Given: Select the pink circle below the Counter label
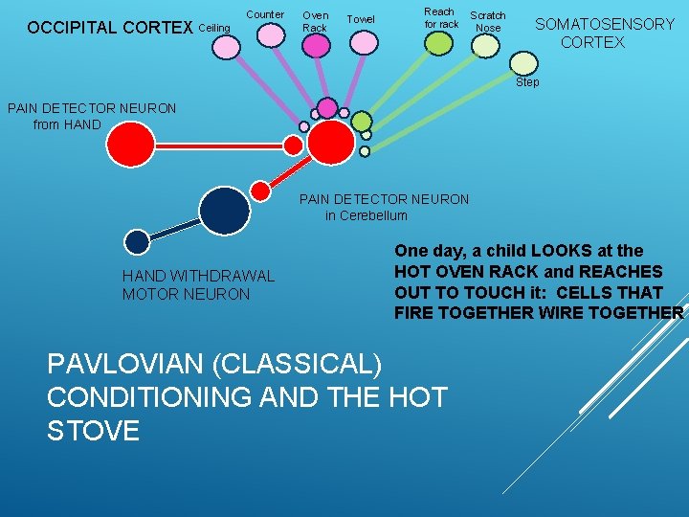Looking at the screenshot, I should [x=271, y=35].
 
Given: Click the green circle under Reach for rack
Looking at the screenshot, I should [x=438, y=43].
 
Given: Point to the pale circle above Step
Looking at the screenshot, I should [x=524, y=62].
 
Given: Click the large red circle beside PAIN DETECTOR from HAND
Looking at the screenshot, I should [x=130, y=146].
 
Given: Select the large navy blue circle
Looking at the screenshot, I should [x=225, y=210].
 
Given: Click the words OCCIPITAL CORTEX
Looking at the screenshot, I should [x=110, y=28].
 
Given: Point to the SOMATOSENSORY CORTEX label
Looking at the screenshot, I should [x=604, y=34].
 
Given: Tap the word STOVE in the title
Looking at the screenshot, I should [x=93, y=430].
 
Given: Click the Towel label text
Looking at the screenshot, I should [x=361, y=19].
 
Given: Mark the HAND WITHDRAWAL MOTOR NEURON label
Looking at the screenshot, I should [x=197, y=285].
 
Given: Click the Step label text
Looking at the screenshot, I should [x=527, y=82].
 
